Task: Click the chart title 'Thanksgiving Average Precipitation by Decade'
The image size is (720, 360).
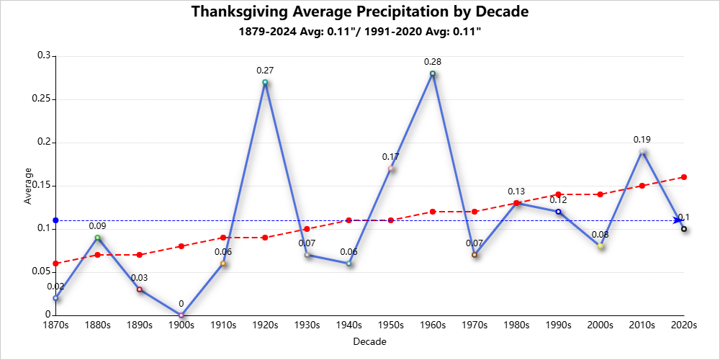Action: click(x=360, y=12)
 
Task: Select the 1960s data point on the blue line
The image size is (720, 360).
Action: click(x=433, y=73)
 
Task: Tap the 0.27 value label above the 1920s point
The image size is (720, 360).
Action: click(x=265, y=71)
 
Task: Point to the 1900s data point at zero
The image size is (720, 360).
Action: click(x=181, y=315)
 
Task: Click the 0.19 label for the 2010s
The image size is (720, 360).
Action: click(x=642, y=140)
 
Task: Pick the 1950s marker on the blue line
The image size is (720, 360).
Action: click(x=391, y=168)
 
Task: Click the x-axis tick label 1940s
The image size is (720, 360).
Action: click(x=349, y=325)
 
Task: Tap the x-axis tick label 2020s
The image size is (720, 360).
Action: click(x=684, y=325)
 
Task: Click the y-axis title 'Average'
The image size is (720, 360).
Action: click(x=29, y=186)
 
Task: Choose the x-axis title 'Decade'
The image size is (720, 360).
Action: click(x=369, y=342)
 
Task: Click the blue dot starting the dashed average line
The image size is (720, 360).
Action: click(x=55, y=220)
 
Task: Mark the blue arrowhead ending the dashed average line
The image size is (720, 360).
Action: click(x=678, y=220)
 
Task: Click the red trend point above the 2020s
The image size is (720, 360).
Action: click(x=684, y=177)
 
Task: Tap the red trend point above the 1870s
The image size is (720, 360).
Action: click(x=55, y=264)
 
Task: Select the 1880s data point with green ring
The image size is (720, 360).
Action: click(x=97, y=238)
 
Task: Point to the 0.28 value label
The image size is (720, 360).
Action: click(x=433, y=62)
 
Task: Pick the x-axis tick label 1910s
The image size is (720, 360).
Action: click(x=223, y=325)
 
